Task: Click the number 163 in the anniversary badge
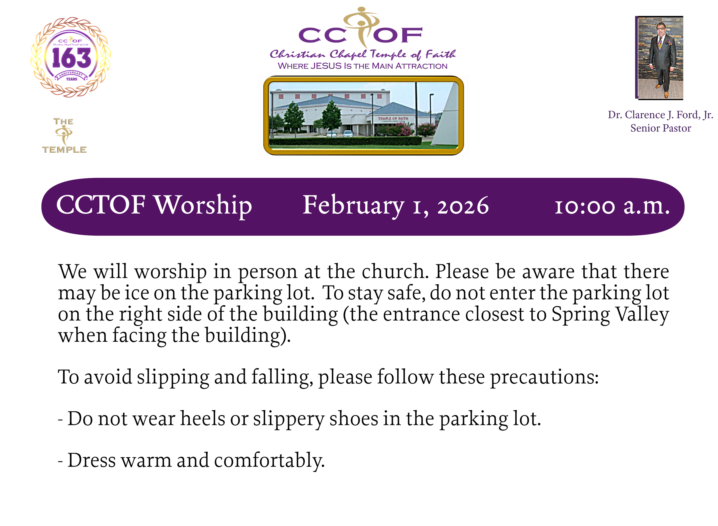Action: point(72,58)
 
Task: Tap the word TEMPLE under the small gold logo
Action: point(64,150)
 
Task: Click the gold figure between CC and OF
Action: point(361,27)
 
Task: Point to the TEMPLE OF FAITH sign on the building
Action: point(393,119)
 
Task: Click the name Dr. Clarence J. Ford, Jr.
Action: point(660,114)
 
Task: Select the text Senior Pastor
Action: point(660,128)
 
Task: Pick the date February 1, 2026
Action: point(395,205)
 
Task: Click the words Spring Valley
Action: point(610,314)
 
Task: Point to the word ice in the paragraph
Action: point(136,293)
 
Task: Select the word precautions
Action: point(544,377)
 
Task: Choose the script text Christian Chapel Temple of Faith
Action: point(362,55)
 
